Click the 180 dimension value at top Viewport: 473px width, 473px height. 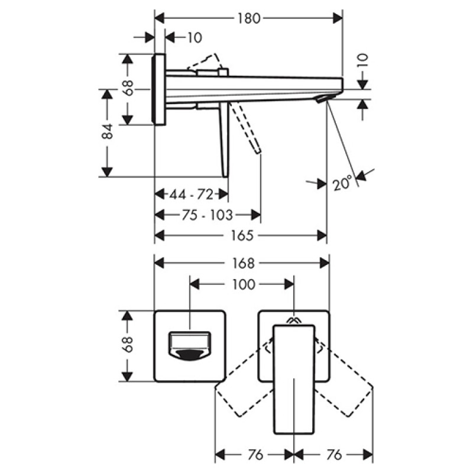point(249,19)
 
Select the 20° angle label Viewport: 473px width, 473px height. point(342,183)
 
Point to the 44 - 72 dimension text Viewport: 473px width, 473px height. point(191,195)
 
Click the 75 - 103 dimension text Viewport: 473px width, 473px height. point(208,215)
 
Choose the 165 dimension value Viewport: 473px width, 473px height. point(242,235)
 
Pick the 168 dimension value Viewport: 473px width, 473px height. point(243,263)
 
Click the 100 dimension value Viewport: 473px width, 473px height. point(244,284)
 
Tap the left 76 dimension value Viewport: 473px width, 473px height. point(255,455)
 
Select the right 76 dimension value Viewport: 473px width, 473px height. point(334,455)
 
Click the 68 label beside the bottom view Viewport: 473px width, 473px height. point(128,344)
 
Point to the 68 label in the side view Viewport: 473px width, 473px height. point(128,88)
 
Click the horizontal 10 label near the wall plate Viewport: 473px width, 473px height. point(195,38)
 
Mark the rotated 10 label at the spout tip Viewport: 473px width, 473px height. point(362,61)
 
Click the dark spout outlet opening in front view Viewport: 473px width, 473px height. point(189,355)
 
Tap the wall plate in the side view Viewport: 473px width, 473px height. point(160,89)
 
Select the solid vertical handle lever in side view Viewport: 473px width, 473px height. point(225,140)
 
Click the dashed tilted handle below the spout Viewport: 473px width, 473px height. point(245,128)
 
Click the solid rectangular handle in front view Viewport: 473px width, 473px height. point(294,380)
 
